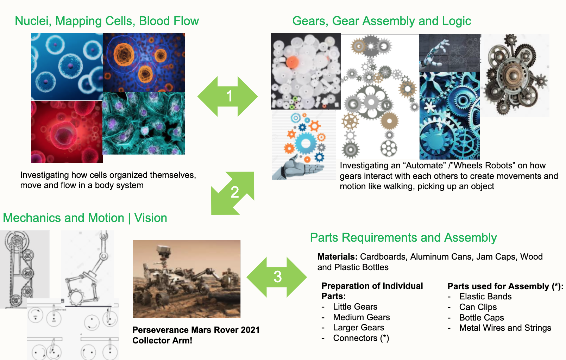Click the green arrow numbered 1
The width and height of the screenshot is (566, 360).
pos(228,96)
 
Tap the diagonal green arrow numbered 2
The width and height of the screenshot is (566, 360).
pos(233,193)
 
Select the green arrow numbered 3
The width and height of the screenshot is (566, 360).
pos(277,277)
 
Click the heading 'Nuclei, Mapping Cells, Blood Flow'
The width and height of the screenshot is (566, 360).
pos(107,21)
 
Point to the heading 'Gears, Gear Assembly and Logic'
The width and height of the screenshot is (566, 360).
pos(382,21)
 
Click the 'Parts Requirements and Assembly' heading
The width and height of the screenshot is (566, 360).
pos(403,238)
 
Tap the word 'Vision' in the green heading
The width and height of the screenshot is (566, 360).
pos(151,218)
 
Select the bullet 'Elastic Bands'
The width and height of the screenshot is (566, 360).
pos(485,297)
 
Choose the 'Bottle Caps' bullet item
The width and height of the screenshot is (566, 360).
pos(481,317)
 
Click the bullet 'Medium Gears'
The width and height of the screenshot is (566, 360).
pos(361,317)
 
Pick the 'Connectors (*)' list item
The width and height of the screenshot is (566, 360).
pos(361,338)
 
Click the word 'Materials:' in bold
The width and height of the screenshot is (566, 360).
pos(337,257)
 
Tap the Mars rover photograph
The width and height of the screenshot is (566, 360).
pos(187,279)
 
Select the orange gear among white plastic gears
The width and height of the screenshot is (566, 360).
pos(292,62)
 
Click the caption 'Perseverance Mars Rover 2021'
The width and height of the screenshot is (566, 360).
pos(196,330)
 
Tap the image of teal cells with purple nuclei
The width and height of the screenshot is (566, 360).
pos(144,124)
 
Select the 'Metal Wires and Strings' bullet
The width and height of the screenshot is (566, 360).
pos(505,328)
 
